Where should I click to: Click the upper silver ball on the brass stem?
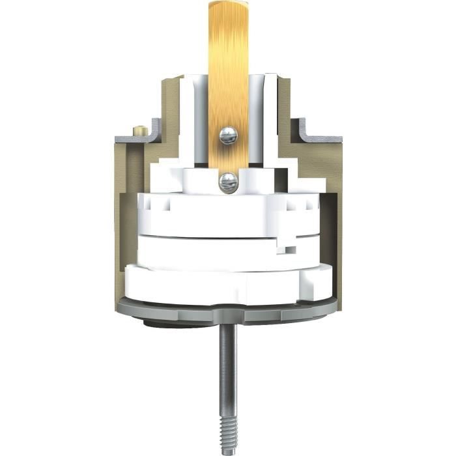click(228, 135)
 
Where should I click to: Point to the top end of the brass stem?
click(228, 5)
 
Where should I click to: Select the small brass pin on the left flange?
click(139, 131)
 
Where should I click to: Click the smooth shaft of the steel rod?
click(228, 365)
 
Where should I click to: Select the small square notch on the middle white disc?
click(289, 249)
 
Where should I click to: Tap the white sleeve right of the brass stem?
click(263, 124)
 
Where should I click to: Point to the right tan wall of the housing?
click(331, 215)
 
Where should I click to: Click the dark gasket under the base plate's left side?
click(156, 320)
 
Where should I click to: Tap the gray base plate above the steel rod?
click(228, 311)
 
